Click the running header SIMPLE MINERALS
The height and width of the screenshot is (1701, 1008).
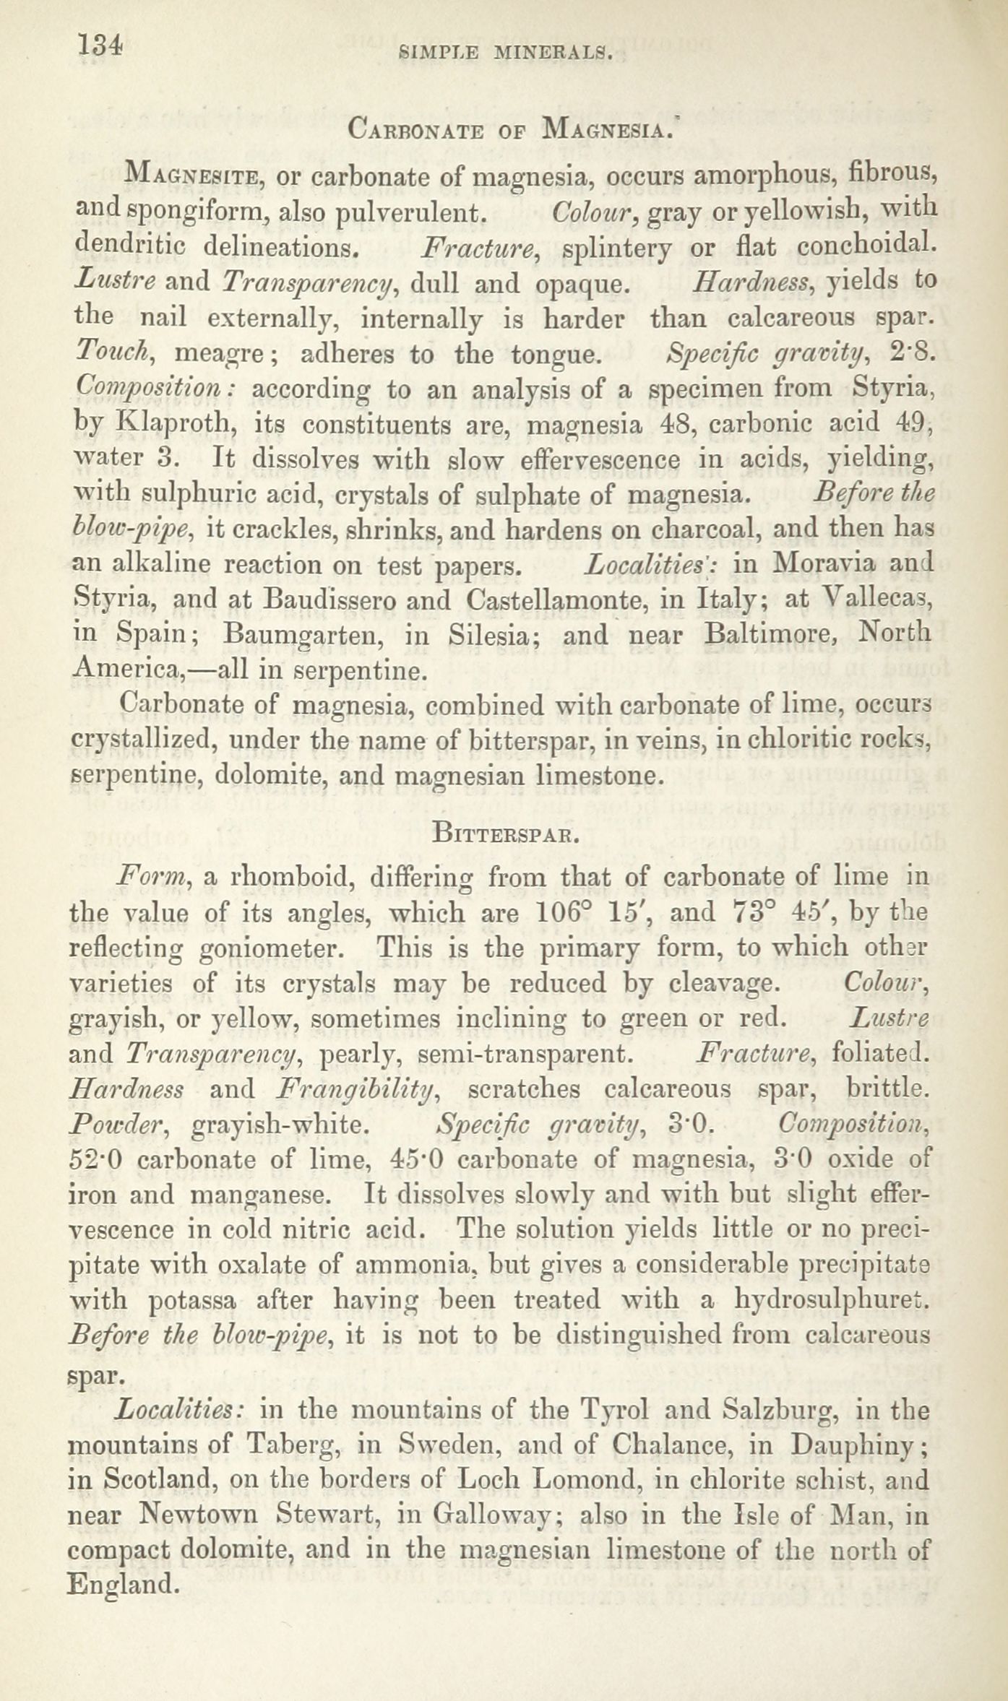click(505, 52)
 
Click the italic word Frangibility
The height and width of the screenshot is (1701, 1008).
click(356, 1090)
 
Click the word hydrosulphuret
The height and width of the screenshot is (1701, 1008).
click(831, 1301)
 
